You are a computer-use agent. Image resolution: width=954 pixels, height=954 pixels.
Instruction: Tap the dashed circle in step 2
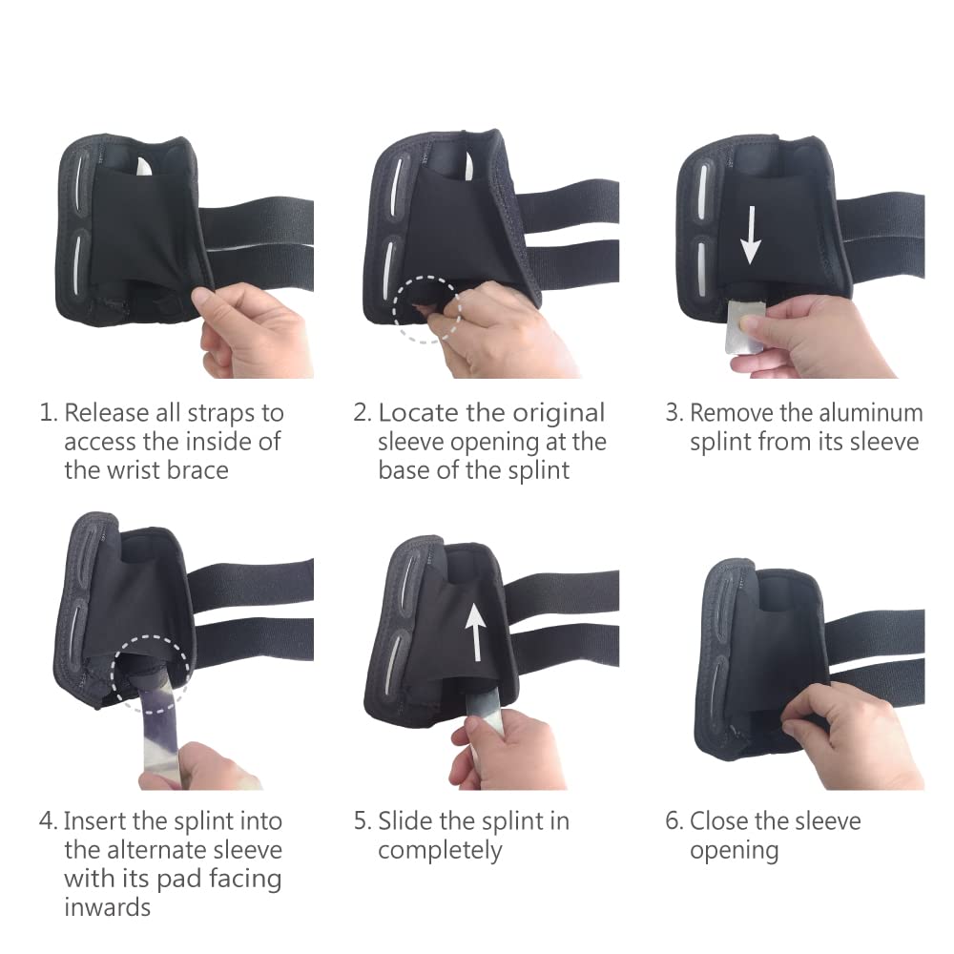(428, 310)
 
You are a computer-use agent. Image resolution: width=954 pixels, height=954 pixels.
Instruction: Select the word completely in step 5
(440, 850)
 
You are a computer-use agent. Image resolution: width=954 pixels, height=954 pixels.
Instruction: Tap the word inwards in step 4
(107, 906)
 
